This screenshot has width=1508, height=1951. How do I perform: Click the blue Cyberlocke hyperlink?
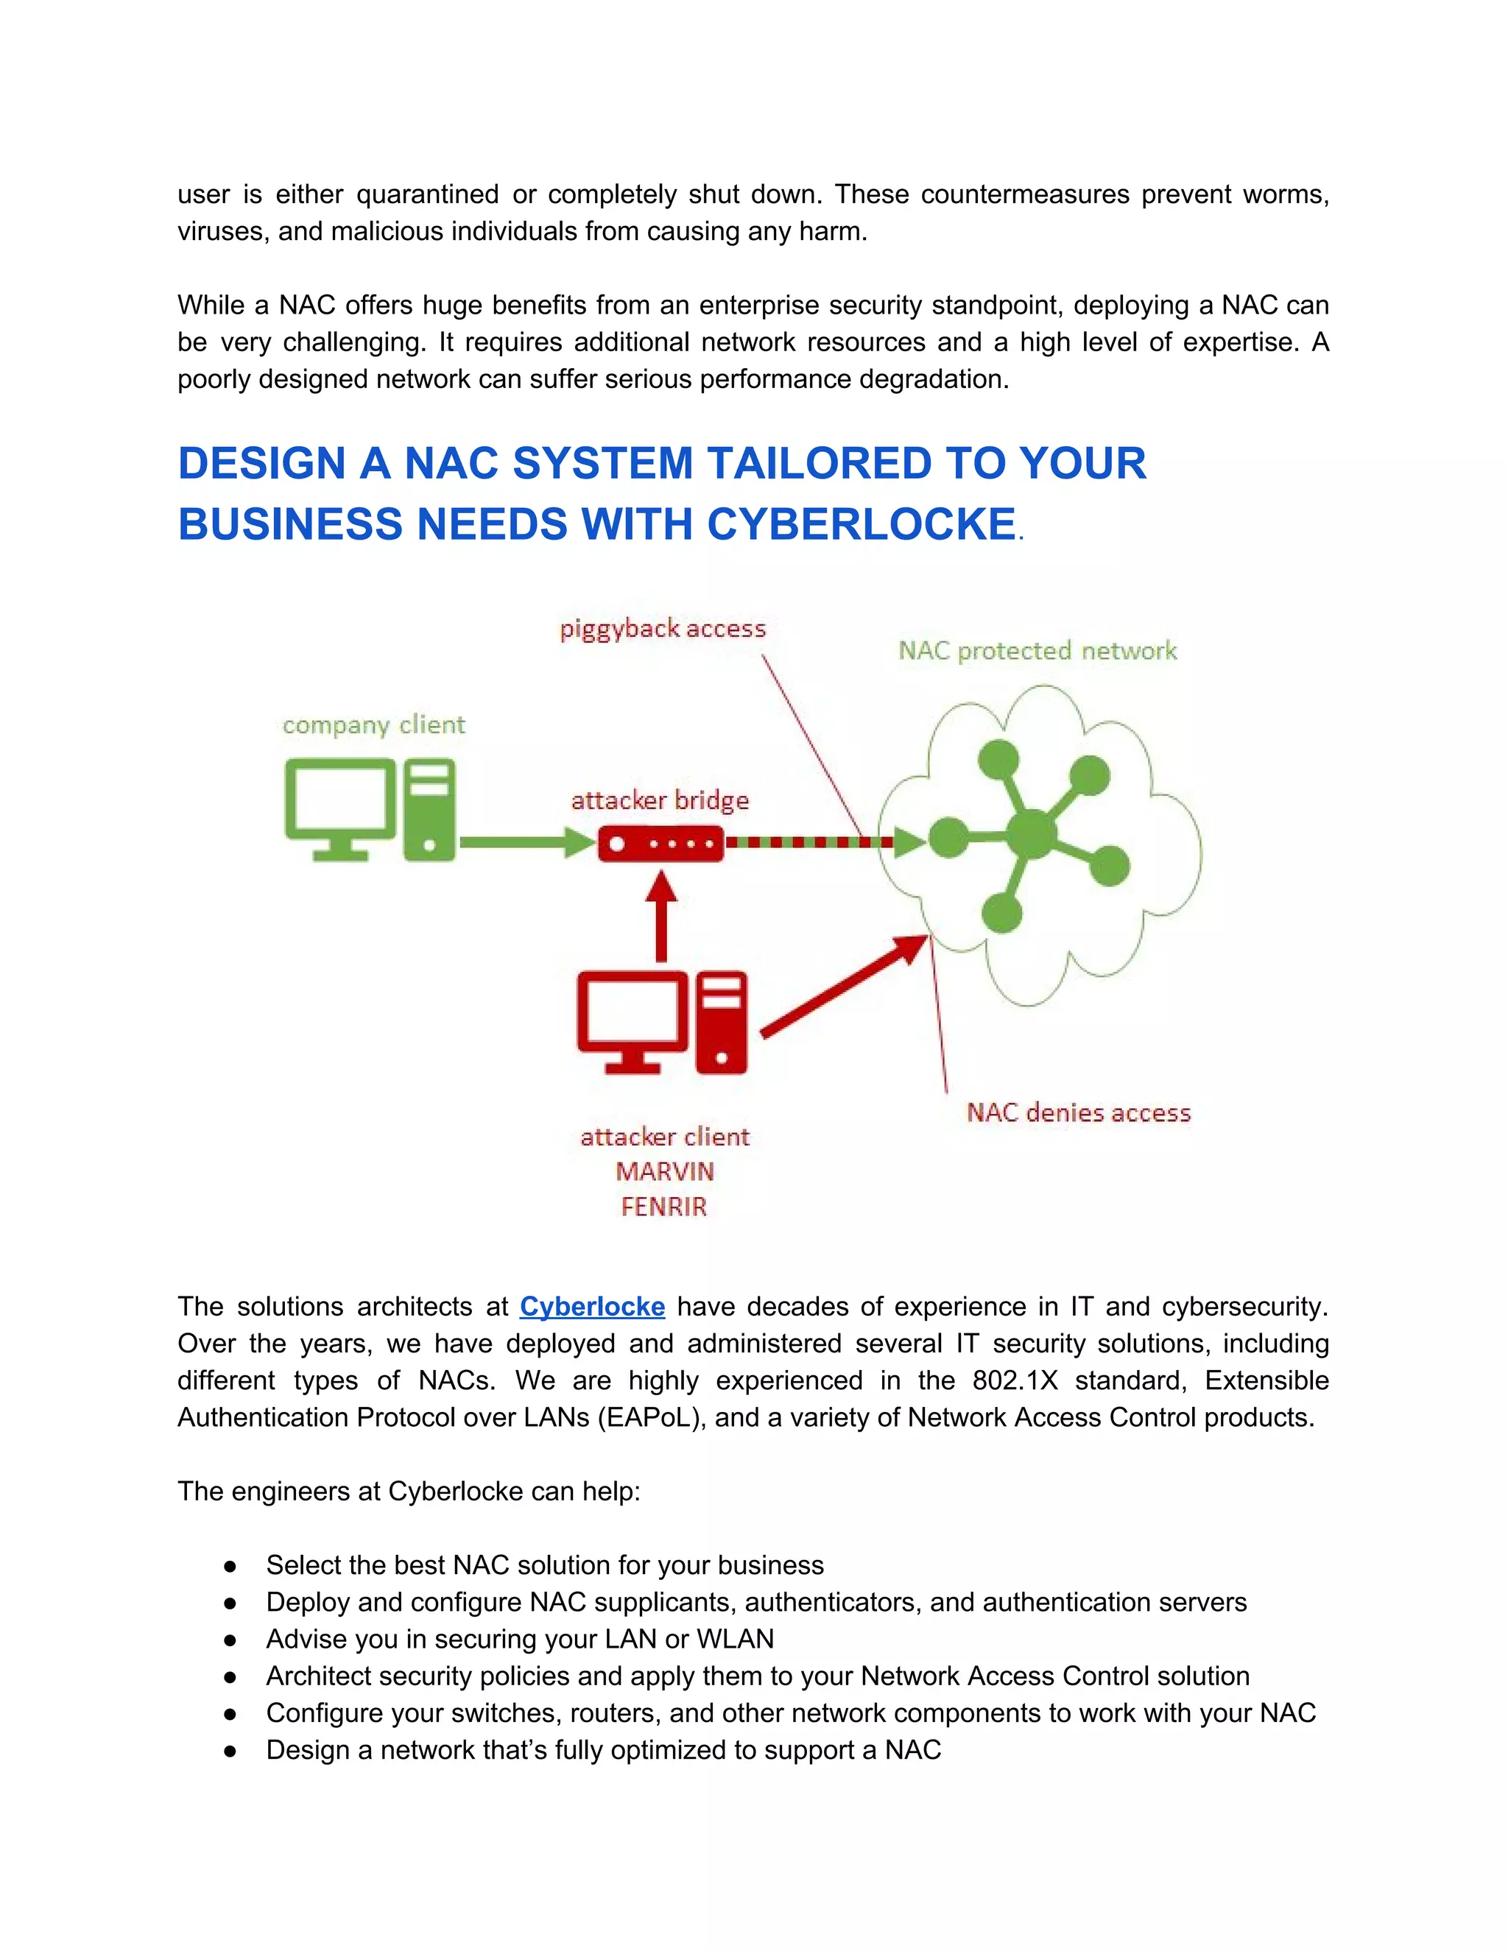click(x=591, y=1306)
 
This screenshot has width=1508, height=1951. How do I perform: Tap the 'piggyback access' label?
click(x=663, y=629)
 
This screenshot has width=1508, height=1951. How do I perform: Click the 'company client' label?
click(x=373, y=724)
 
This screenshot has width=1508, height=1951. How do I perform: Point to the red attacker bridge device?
click(x=660, y=843)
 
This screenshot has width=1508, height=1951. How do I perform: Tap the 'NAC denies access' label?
click(x=1078, y=1112)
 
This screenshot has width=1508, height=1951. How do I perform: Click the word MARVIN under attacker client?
click(x=665, y=1171)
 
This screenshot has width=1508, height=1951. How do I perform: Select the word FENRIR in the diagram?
click(x=663, y=1207)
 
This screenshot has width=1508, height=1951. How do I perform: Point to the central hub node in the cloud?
click(x=1031, y=834)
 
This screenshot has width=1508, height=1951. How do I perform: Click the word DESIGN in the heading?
click(x=261, y=464)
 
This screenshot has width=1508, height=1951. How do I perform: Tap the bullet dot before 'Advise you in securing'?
click(x=230, y=1640)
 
